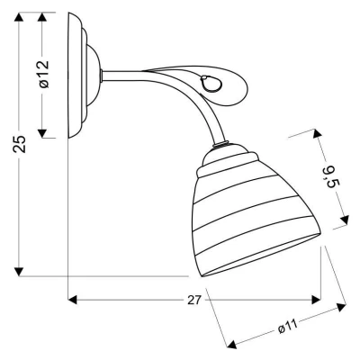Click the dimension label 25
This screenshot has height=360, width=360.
tap(20, 144)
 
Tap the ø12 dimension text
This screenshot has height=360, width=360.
tap(43, 74)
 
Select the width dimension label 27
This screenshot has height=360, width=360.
tap(193, 301)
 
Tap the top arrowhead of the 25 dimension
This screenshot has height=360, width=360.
tap(19, 17)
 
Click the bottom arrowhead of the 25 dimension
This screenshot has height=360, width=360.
tap(19, 272)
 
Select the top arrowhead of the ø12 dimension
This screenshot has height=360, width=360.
tap(42, 17)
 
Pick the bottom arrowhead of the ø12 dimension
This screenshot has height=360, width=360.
tap(42, 133)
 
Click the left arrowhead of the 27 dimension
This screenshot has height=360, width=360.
tap(73, 300)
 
